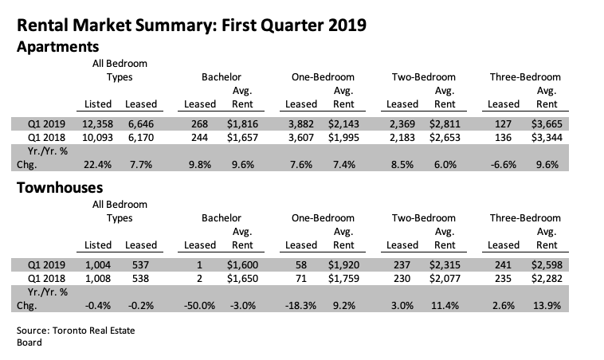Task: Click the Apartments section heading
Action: [58, 47]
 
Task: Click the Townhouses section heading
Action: [60, 187]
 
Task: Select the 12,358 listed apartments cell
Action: [97, 124]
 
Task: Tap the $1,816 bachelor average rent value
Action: [242, 124]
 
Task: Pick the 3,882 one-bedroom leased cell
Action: [301, 124]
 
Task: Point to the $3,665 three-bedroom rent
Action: [547, 124]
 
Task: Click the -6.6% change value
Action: [503, 165]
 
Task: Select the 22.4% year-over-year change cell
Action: [97, 165]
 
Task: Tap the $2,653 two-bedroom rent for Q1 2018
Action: [445, 138]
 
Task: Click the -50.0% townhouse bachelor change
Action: [199, 306]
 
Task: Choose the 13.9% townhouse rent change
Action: [547, 306]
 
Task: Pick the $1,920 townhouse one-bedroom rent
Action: [343, 265]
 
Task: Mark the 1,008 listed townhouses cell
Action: [97, 279]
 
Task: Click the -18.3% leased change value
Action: [301, 306]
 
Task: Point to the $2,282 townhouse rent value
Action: [547, 279]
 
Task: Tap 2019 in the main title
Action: [347, 25]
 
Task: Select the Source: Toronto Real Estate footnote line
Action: [76, 331]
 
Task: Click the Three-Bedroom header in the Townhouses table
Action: [525, 218]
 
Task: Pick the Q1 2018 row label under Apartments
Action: [46, 138]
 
